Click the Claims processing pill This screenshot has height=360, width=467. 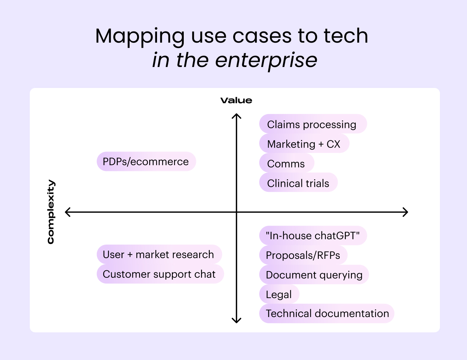pos(313,124)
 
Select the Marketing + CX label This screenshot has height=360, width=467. pos(304,144)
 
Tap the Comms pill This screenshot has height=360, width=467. pos(286,163)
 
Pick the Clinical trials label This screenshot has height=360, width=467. pos(298,183)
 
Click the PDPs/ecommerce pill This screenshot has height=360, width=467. pos(146,161)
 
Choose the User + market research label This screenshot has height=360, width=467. pos(159,254)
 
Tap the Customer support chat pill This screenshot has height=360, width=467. pos(160,274)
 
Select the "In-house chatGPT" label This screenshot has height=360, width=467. pos(313,235)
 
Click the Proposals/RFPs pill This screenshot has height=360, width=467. pos(303,255)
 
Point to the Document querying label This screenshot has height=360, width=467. pos(314,275)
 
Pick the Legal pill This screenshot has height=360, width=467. pos(279,294)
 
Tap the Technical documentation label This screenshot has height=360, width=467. pos(327,313)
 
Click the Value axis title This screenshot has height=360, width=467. pos(236,100)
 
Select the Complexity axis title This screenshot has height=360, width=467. pos(51,212)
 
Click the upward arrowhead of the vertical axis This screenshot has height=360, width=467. pos(236,116)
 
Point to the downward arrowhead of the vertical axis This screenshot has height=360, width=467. pos(236,320)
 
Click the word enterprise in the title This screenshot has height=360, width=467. pos(266,60)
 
